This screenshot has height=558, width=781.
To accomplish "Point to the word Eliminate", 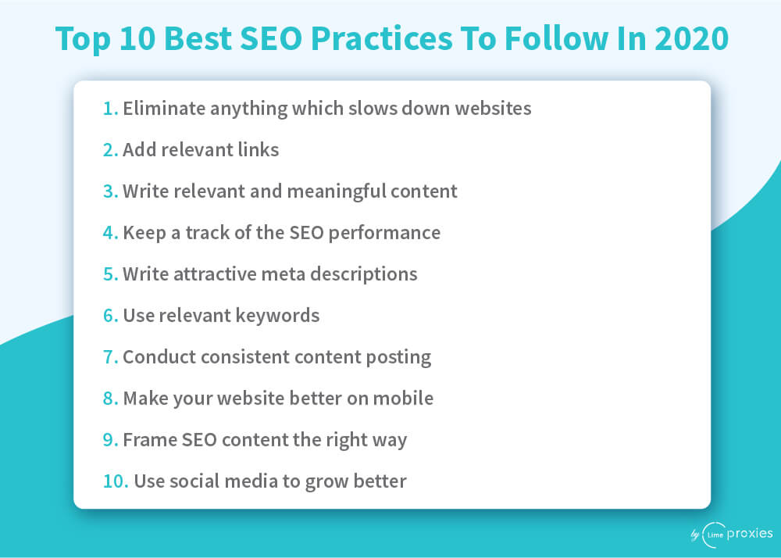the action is pos(164,108).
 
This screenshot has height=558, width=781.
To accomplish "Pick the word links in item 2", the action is pos(259,149).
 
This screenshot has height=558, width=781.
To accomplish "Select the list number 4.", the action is pos(110,233).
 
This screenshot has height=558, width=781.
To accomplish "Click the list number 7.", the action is pos(110,356).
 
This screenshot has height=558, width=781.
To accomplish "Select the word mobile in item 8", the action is pos(403,398).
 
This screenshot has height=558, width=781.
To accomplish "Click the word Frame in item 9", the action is pos(149,439).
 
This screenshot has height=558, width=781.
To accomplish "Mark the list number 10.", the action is pos(116,481).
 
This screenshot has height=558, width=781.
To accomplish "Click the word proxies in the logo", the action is pos(750,534).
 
